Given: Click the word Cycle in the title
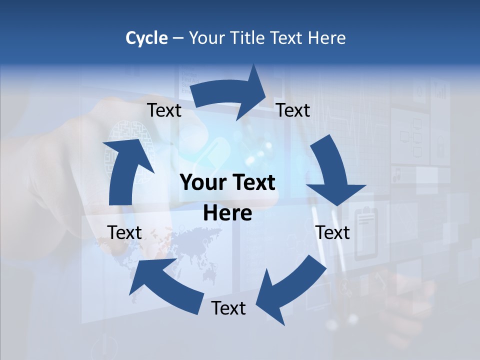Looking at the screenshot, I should pyautogui.click(x=146, y=38).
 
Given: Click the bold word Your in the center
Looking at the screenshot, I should pyautogui.click(x=202, y=183).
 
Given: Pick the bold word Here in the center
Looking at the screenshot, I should pyautogui.click(x=227, y=213).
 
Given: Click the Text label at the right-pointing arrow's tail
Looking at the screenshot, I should pyautogui.click(x=164, y=110).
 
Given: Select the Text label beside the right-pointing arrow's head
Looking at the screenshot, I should pyautogui.click(x=293, y=110).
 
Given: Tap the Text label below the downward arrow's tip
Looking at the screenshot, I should pyautogui.click(x=332, y=232).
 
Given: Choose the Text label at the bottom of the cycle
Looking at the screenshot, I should pyautogui.click(x=228, y=308).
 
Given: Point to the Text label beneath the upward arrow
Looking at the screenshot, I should pyautogui.click(x=125, y=232).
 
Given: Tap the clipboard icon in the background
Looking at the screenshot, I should pyautogui.click(x=366, y=220).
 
